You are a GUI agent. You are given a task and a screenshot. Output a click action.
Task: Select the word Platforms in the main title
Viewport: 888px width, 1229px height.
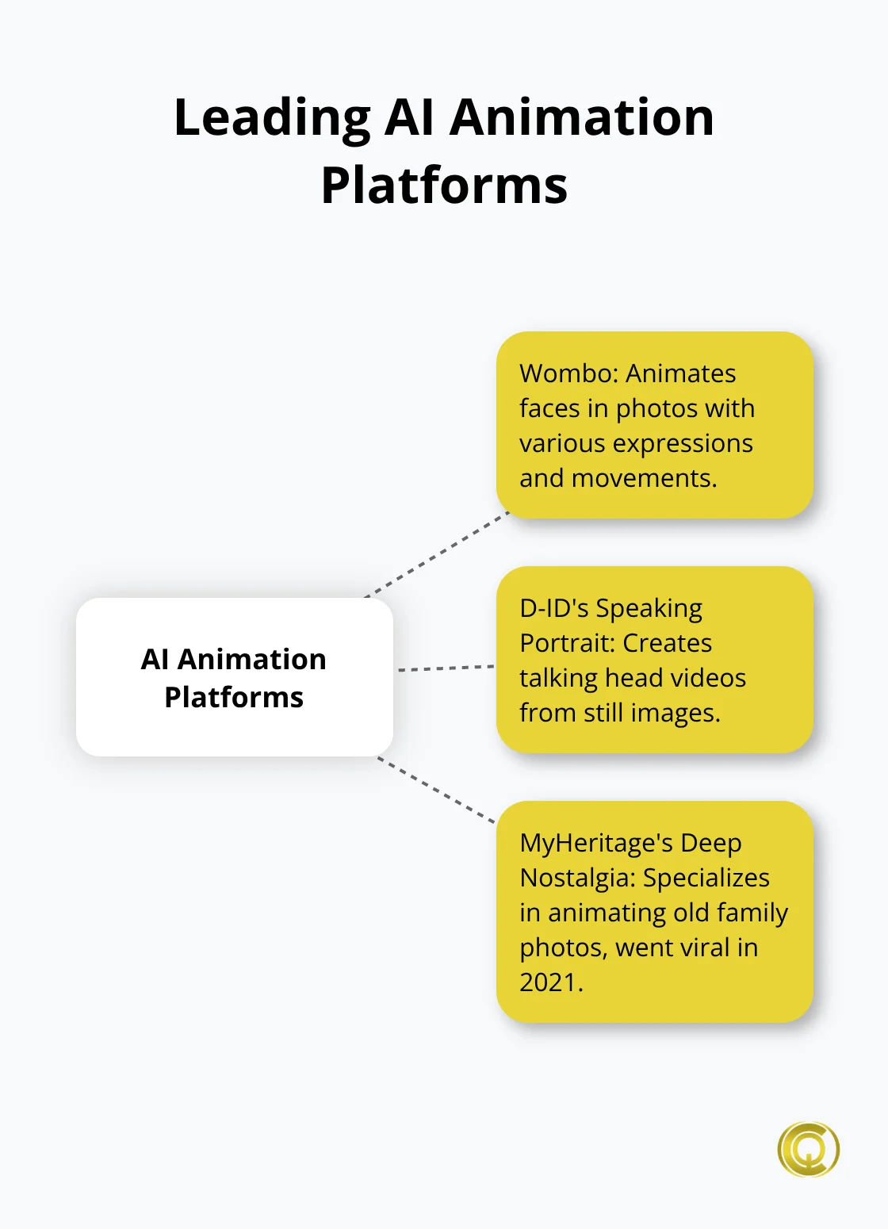pyautogui.click(x=444, y=186)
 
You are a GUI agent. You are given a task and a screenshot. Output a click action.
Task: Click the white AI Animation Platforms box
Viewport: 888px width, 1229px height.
pyautogui.click(x=234, y=676)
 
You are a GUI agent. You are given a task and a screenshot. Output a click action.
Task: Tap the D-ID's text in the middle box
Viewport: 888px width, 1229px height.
pyautogui.click(x=553, y=608)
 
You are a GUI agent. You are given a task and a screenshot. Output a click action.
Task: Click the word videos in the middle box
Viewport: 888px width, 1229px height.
pyautogui.click(x=708, y=678)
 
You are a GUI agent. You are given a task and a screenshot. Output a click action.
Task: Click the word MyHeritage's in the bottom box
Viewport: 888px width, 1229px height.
pyautogui.click(x=595, y=843)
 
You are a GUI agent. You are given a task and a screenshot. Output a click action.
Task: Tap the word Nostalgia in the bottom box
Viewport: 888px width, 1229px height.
pyautogui.click(x=576, y=878)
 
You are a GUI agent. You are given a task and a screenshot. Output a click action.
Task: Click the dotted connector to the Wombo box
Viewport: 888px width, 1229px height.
pyautogui.click(x=437, y=554)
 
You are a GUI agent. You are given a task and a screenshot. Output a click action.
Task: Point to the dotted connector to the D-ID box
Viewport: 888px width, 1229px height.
pyautogui.click(x=446, y=668)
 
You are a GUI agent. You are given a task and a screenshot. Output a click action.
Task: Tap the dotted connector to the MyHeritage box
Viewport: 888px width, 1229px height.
pyautogui.click(x=437, y=790)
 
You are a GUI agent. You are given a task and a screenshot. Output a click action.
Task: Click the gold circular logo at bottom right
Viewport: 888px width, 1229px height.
pyautogui.click(x=808, y=1149)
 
